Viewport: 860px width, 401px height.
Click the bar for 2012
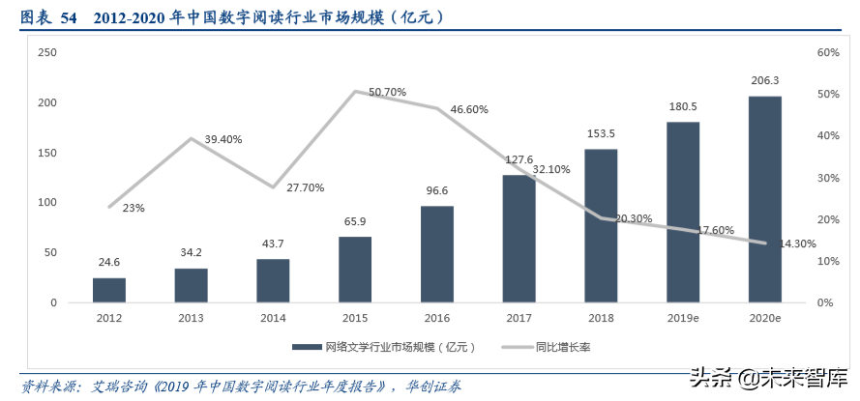click(x=109, y=290)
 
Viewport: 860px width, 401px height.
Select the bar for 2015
click(x=355, y=270)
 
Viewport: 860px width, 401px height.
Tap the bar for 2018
click(x=601, y=225)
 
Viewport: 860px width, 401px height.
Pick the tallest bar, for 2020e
click(x=764, y=199)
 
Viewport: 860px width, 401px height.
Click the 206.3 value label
click(x=764, y=81)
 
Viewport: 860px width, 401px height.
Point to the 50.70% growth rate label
click(x=388, y=93)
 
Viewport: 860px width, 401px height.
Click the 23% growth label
click(x=133, y=208)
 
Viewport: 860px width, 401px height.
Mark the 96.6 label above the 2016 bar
click(x=437, y=191)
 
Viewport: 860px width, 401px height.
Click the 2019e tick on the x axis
click(x=683, y=317)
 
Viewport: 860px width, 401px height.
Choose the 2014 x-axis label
click(x=273, y=317)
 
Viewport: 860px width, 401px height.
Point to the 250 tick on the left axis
click(x=46, y=52)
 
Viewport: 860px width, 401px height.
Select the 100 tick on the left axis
click(x=46, y=203)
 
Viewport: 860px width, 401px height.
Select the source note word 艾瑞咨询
click(x=120, y=386)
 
